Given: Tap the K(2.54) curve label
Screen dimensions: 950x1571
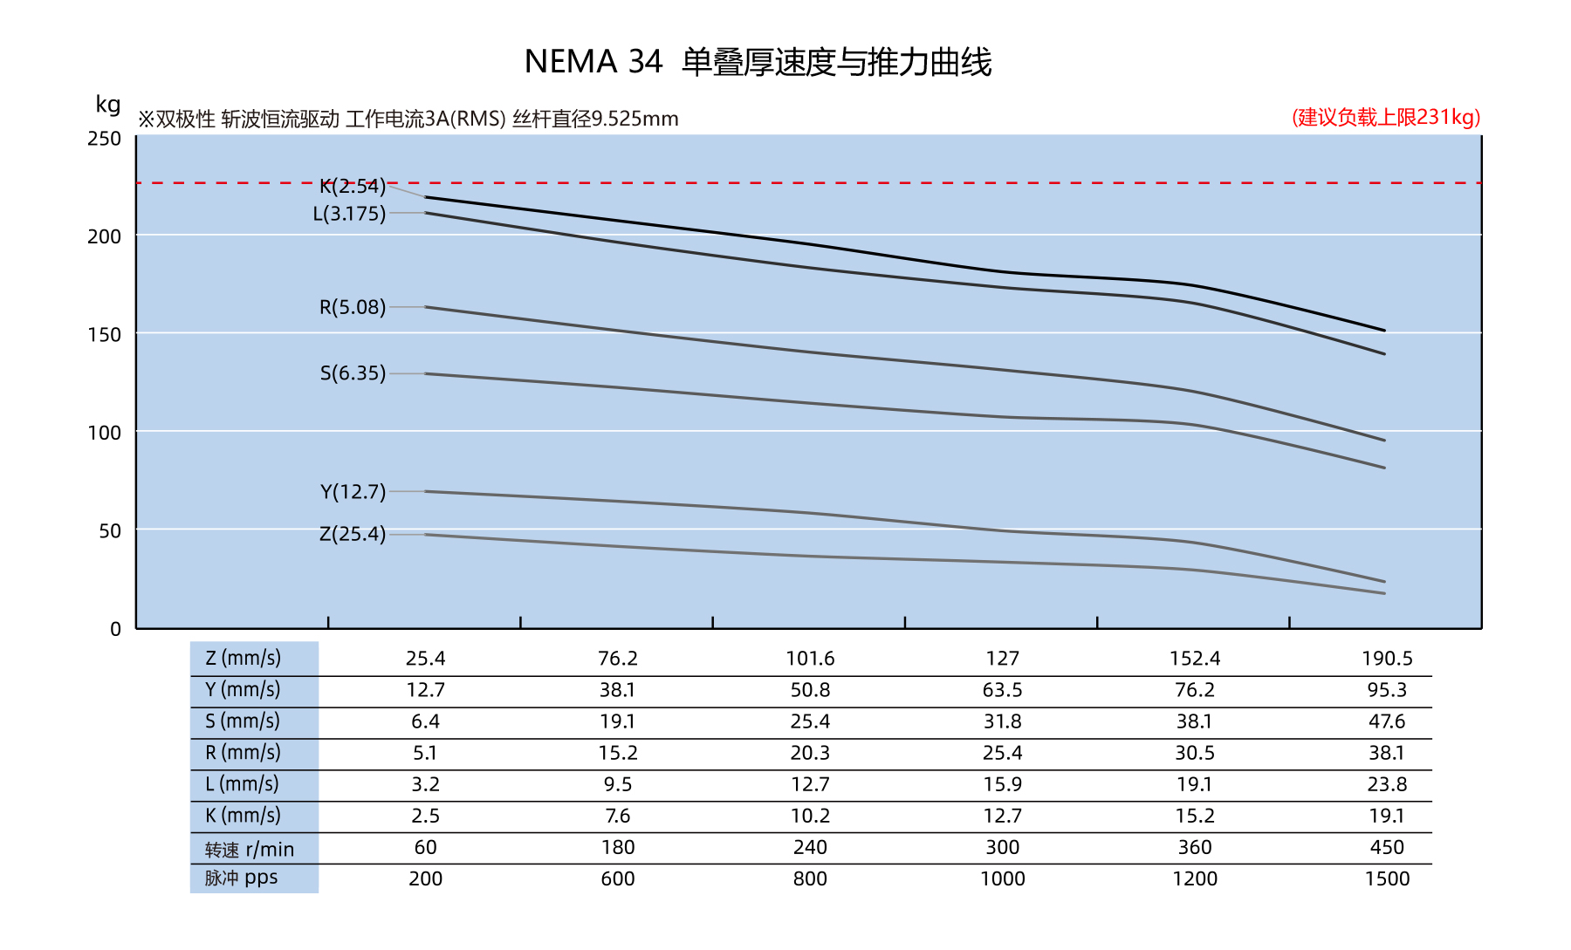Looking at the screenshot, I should (352, 186).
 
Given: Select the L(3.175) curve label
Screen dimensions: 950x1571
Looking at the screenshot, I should (349, 214).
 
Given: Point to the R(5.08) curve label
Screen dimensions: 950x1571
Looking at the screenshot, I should (352, 307).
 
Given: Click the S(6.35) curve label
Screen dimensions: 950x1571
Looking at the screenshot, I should (352, 373).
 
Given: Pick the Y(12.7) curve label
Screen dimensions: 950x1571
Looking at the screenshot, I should (352, 492).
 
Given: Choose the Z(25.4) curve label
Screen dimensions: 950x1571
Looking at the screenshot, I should (352, 534).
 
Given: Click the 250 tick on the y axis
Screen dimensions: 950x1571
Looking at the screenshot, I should (105, 139).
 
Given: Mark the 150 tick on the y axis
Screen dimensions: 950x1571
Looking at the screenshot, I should (105, 334).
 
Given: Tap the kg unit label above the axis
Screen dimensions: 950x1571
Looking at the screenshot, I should (108, 105).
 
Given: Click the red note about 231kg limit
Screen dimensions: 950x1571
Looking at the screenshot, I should (1386, 118).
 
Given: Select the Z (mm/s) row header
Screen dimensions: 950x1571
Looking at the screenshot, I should (244, 658).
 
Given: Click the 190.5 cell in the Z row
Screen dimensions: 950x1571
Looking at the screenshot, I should (1387, 659).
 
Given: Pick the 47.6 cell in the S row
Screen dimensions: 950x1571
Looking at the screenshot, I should (1387, 721).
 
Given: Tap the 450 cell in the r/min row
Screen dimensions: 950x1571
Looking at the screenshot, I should (1387, 847).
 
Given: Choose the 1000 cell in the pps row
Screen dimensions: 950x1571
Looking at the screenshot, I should (1002, 878).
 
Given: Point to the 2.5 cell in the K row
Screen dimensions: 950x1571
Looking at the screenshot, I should (425, 816).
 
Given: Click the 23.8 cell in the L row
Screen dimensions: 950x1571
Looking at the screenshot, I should (1387, 784).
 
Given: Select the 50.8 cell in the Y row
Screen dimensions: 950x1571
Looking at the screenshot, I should (810, 690).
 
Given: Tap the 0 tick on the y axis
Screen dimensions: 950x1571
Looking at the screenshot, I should (115, 629).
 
